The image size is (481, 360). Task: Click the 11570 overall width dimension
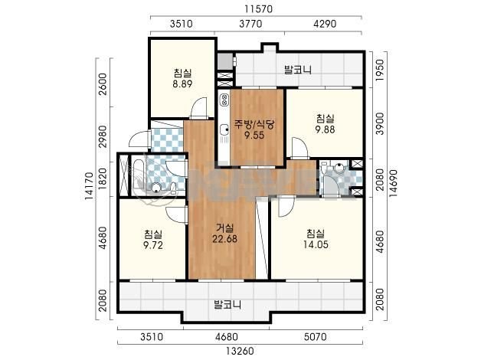coord(258,9)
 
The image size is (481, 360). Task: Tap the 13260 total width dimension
coord(240,351)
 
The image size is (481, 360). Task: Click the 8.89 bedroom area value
coord(182,83)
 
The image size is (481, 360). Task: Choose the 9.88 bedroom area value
coord(326,129)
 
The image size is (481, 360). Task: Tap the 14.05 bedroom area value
coord(316,244)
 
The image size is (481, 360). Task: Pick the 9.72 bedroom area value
coord(153,245)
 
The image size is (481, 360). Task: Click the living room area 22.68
coord(225,238)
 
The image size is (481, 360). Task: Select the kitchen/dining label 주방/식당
coord(254,124)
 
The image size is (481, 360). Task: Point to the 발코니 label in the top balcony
coord(297,70)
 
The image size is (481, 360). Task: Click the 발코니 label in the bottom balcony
coord(227,305)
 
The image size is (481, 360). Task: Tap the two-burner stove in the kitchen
coord(225,100)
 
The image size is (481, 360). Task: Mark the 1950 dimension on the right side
coord(380,70)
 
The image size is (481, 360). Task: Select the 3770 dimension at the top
coord(250,24)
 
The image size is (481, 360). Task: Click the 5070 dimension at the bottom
coord(316,337)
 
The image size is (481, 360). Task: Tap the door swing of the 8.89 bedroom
coord(198,108)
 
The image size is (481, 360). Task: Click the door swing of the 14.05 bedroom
coord(286,206)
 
